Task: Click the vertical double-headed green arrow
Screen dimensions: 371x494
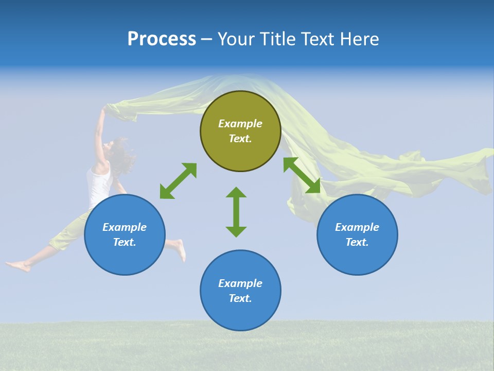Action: click(236, 212)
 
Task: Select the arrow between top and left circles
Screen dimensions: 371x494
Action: click(178, 181)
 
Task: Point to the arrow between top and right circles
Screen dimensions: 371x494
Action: click(302, 175)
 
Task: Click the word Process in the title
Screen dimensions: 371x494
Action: click(162, 39)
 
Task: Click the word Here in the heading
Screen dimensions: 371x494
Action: click(360, 39)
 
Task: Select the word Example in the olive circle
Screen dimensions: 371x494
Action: click(240, 124)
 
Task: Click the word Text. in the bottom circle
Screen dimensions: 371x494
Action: click(240, 298)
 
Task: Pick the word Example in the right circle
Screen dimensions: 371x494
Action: click(357, 227)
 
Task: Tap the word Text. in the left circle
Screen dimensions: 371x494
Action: click(125, 242)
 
